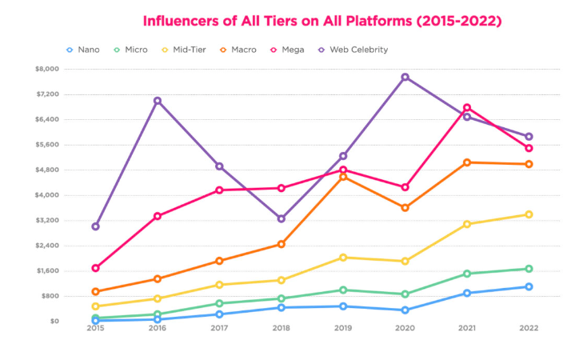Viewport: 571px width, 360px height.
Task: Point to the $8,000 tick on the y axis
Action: [47, 69]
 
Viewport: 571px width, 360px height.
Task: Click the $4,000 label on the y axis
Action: [47, 195]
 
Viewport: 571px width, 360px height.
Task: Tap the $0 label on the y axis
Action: [53, 321]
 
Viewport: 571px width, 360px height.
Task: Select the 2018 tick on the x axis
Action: [282, 328]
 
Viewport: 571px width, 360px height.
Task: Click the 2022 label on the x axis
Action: [529, 328]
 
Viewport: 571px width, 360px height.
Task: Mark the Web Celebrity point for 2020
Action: [405, 77]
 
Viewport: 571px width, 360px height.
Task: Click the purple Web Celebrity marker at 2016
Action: [158, 101]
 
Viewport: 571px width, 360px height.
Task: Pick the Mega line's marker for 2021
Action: [467, 108]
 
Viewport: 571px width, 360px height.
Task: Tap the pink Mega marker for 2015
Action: [95, 268]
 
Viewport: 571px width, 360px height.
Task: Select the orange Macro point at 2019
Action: [343, 176]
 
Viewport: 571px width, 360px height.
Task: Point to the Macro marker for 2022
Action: [529, 164]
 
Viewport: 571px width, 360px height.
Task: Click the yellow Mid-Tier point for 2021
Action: [467, 224]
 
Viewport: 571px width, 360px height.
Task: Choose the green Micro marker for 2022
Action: [529, 269]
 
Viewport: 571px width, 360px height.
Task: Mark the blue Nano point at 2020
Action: [405, 310]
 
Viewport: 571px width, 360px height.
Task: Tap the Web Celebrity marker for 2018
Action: [282, 218]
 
